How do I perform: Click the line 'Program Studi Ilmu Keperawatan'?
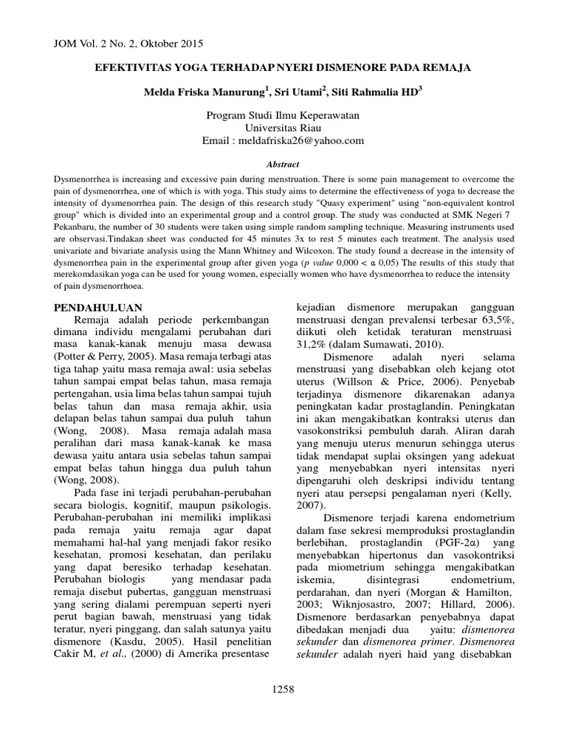pos(284,114)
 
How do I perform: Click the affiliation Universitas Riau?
pos(284,127)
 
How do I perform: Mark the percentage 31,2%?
pos(316,345)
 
